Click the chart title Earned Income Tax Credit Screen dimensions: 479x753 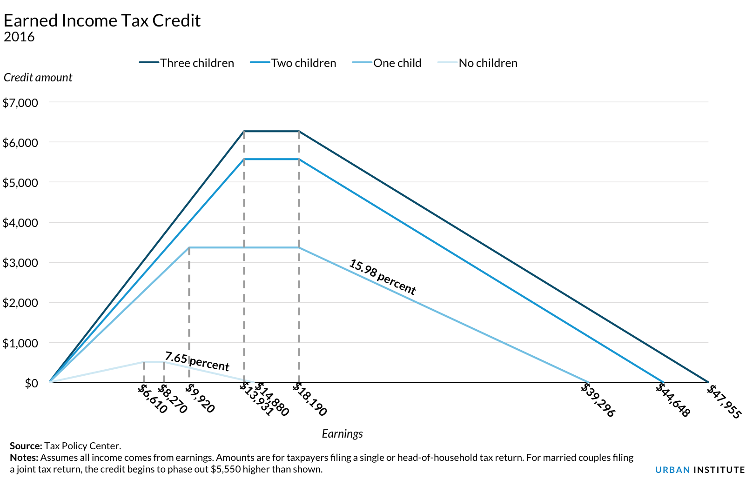[x=102, y=21]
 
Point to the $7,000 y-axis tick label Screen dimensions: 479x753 [x=20, y=103]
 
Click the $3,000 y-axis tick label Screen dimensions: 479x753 [x=20, y=263]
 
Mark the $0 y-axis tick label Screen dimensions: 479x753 [x=31, y=383]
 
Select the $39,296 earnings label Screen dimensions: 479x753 [x=598, y=400]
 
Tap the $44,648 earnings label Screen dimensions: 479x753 [x=673, y=400]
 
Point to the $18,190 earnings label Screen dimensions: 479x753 [x=310, y=399]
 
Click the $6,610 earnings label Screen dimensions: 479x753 [x=152, y=399]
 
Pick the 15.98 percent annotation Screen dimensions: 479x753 [x=382, y=277]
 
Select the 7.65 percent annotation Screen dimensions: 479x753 [x=197, y=361]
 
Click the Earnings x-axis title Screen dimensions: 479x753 [x=342, y=434]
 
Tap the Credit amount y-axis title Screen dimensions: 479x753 [x=38, y=78]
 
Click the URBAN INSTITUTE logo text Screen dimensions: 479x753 [x=699, y=470]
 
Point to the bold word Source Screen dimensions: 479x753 [x=26, y=446]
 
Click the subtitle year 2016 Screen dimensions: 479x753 [x=19, y=37]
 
